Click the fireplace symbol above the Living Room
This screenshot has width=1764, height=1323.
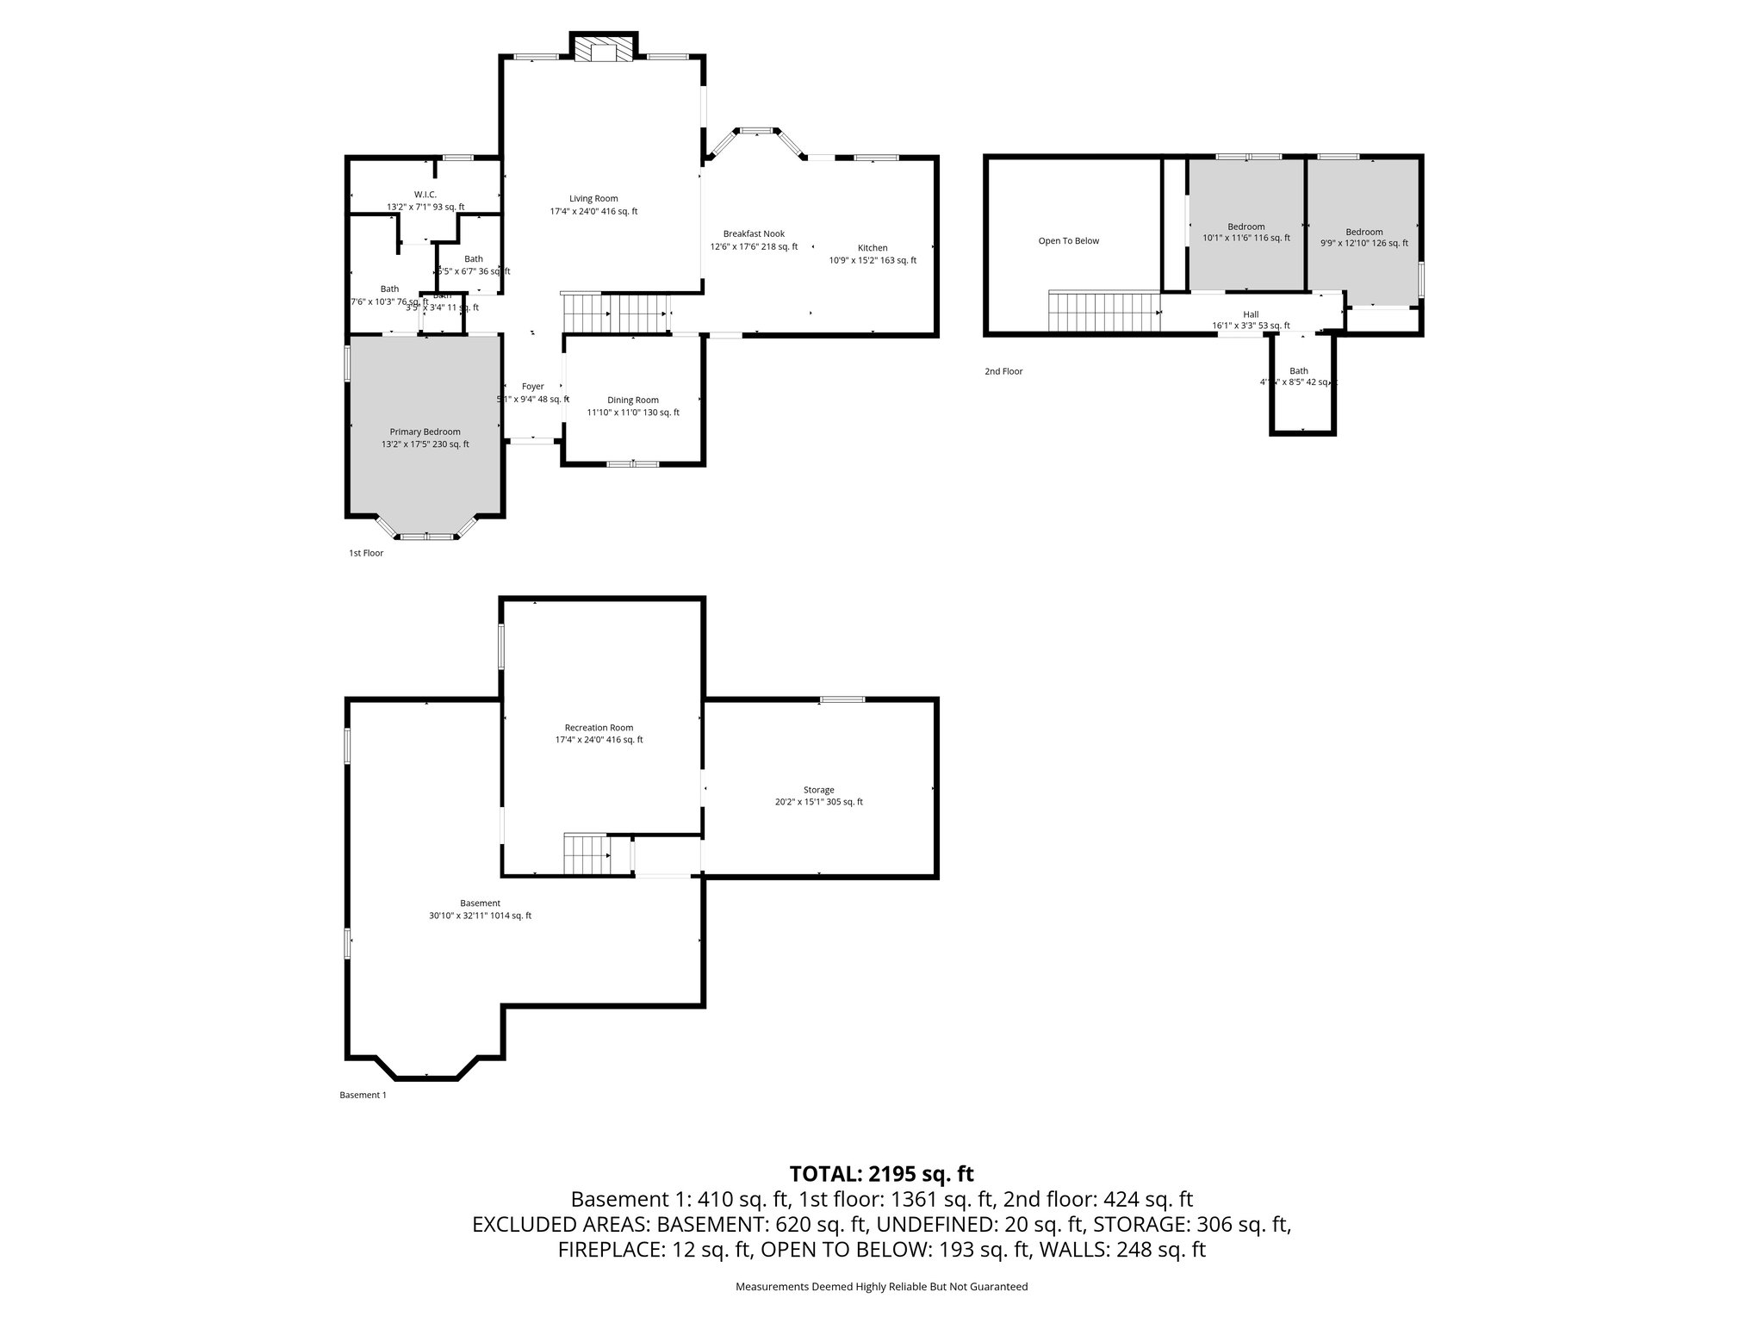603,49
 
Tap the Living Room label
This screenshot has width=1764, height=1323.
593,199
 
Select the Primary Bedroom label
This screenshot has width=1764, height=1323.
425,432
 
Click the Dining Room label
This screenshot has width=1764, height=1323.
633,401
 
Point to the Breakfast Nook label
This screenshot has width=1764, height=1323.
754,234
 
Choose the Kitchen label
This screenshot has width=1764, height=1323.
873,248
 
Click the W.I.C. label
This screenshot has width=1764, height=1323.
425,195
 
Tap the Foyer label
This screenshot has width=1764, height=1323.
532,387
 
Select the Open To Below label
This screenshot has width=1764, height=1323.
1068,241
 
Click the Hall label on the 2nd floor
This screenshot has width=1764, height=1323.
1251,314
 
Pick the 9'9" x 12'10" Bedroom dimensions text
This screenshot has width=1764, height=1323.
1363,244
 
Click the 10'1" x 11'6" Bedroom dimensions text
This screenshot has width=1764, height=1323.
1246,239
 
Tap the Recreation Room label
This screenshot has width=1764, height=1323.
599,728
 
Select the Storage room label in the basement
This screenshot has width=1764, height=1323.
818,790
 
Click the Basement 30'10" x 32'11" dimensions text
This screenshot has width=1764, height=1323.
480,916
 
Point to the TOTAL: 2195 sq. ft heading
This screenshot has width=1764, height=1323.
881,1173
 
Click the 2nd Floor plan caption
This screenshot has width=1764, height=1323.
1003,371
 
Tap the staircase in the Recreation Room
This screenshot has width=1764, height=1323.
587,854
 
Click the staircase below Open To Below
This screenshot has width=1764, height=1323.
1103,311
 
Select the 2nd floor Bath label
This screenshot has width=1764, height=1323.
1298,371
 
